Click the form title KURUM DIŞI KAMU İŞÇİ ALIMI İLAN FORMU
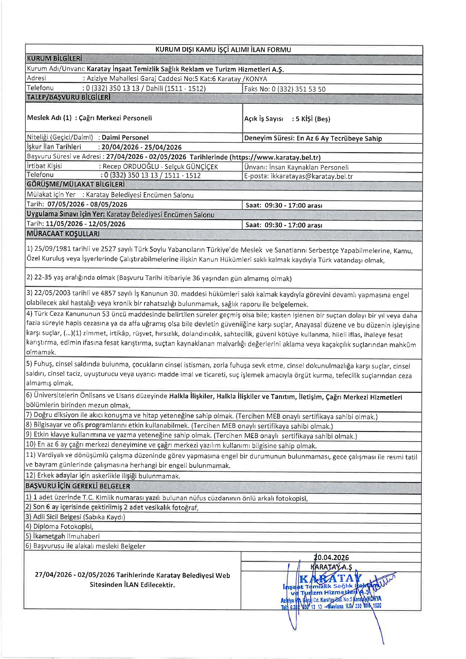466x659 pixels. pyautogui.click(x=223, y=49)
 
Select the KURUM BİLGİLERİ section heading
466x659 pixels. pyautogui.click(x=54, y=59)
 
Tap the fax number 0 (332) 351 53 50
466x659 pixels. pyautogui.click(x=299, y=89)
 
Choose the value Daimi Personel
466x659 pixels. pyautogui.click(x=125, y=138)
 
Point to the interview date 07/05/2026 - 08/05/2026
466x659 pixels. pyautogui.click(x=87, y=205)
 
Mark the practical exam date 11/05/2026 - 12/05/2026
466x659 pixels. pyautogui.click(x=86, y=224)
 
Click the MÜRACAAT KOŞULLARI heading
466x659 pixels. pyautogui.click(x=63, y=234)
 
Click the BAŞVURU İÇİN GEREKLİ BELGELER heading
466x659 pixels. pyautogui.click(x=78, y=486)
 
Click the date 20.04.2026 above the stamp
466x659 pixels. pyautogui.click(x=331, y=558)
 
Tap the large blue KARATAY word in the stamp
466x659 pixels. pyautogui.click(x=330, y=579)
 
